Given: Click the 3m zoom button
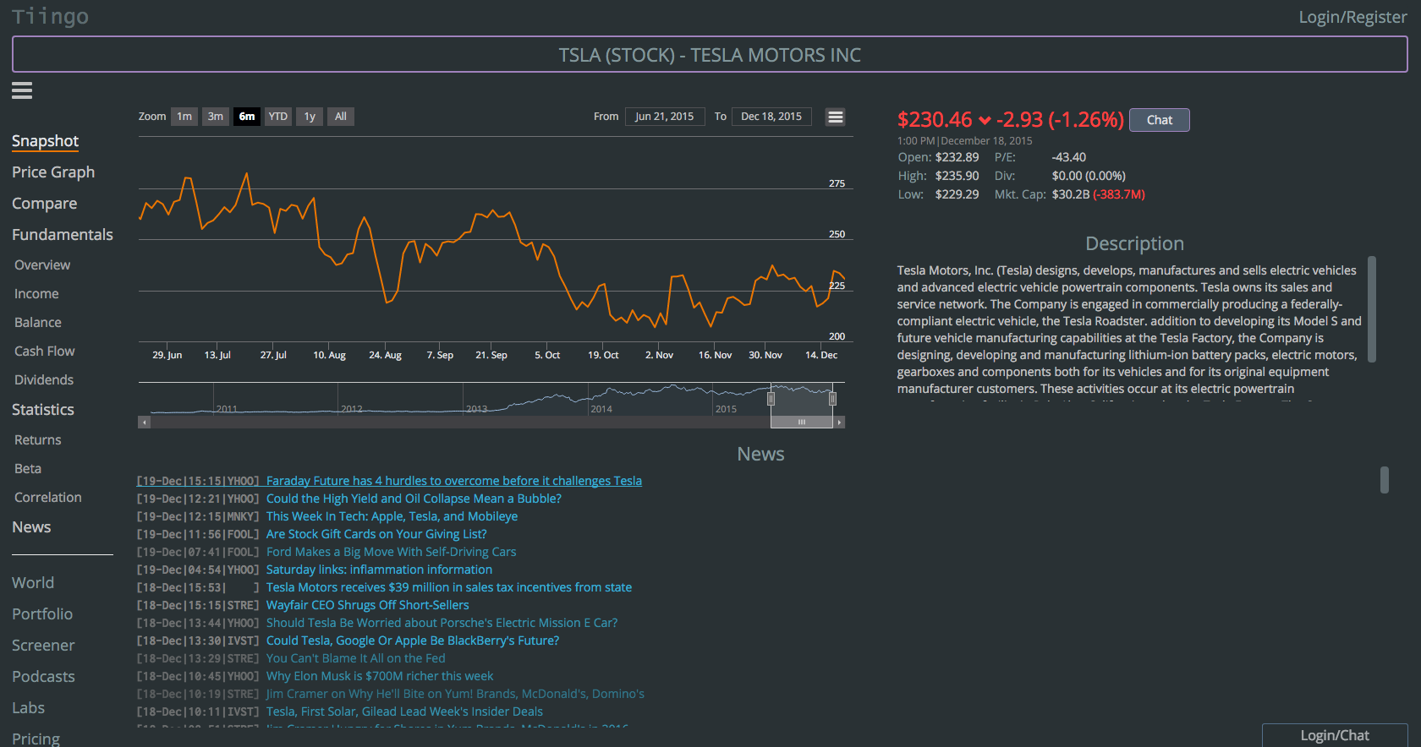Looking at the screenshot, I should click(216, 117).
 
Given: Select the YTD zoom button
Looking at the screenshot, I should click(278, 117).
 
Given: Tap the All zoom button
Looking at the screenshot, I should click(341, 117).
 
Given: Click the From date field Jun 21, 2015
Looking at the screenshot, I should click(664, 117).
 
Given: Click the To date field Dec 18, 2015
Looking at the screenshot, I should click(771, 117).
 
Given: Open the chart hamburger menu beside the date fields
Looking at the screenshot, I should click(836, 117).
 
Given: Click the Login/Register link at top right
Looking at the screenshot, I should click(1352, 17).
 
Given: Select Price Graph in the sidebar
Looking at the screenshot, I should click(53, 172).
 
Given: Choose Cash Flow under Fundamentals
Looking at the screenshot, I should click(44, 352).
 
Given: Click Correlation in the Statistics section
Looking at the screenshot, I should click(48, 498).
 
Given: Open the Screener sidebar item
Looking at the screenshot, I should click(43, 646).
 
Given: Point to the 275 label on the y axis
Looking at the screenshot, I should click(837, 183).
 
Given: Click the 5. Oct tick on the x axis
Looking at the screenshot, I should click(547, 355).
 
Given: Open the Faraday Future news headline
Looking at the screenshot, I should click(453, 481).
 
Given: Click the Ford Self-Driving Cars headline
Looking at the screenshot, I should click(391, 552).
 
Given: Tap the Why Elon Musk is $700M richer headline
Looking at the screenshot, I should click(380, 676).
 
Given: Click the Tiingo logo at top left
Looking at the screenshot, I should click(50, 17).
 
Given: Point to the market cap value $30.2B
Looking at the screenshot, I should click(1070, 194).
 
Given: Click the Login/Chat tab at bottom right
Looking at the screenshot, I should click(1334, 735).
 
